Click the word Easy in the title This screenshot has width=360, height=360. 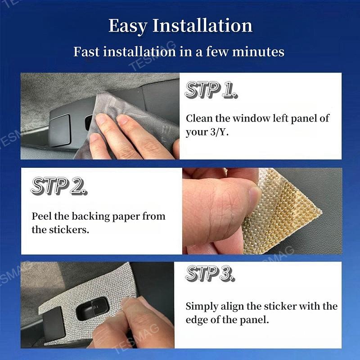click(128, 26)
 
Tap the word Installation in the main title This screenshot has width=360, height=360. click(202, 25)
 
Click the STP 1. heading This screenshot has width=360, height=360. click(211, 90)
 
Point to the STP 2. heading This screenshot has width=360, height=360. click(59, 186)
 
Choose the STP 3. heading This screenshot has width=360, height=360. click(210, 273)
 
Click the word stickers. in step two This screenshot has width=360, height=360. click(69, 229)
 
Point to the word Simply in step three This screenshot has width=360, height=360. click(202, 307)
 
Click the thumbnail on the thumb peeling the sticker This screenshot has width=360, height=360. click(254, 198)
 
